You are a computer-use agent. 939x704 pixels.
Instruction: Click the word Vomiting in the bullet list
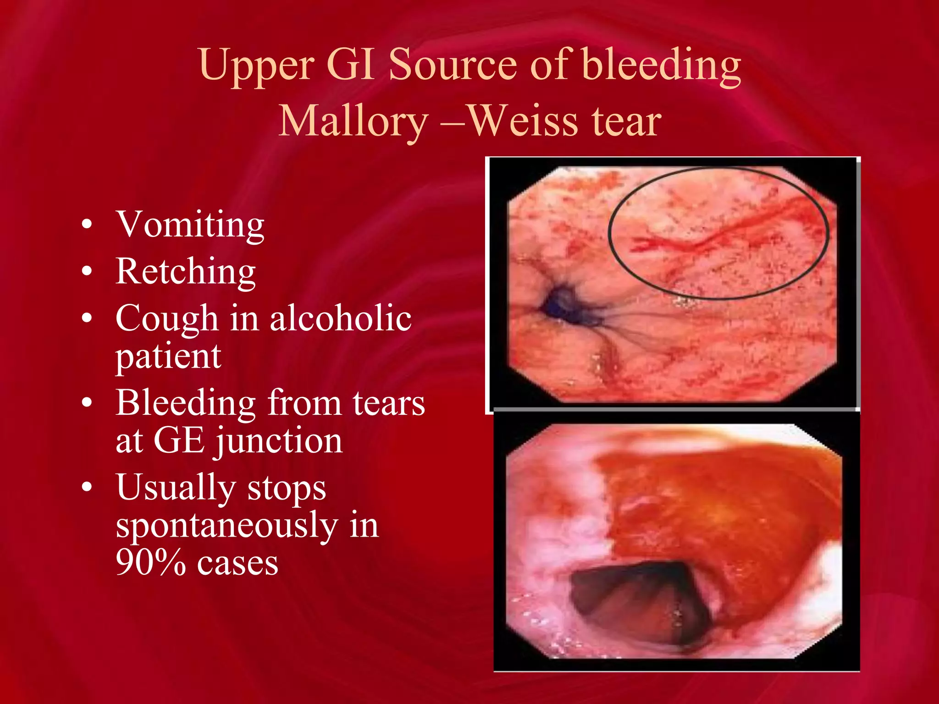click(x=190, y=225)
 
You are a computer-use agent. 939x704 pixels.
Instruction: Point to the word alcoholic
click(x=340, y=318)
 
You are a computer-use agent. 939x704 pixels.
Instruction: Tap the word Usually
click(x=176, y=488)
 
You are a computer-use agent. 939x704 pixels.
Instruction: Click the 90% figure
click(x=150, y=563)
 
